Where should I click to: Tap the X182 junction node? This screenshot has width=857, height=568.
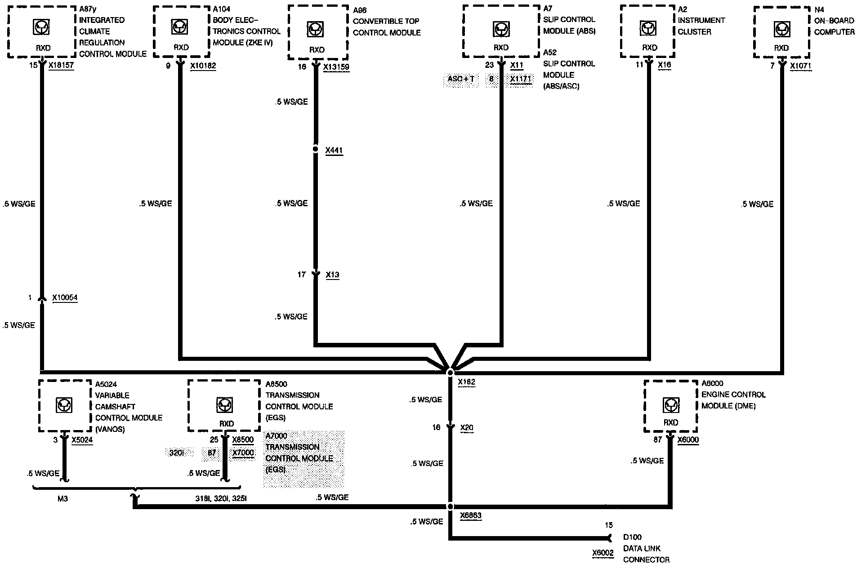pos(450,373)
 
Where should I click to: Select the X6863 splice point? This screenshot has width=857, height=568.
pos(450,506)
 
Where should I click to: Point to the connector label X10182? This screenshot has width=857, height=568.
pos(203,66)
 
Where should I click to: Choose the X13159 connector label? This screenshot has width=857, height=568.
pos(336,67)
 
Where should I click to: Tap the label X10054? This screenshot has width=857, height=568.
pos(65,297)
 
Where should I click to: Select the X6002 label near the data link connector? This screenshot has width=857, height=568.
pos(603,553)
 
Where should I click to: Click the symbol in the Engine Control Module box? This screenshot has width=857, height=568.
pos(671,405)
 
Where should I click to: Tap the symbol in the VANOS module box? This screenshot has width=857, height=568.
pos(63,405)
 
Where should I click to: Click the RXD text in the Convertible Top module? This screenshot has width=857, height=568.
pos(317,50)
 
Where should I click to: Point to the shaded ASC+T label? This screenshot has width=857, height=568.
pos(461,80)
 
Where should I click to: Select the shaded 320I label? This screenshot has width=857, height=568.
pos(177,453)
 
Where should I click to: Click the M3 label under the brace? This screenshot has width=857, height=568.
pos(62,499)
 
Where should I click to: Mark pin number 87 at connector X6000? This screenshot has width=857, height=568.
pos(657,440)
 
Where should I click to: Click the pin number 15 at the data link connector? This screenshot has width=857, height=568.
pos(608,525)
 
